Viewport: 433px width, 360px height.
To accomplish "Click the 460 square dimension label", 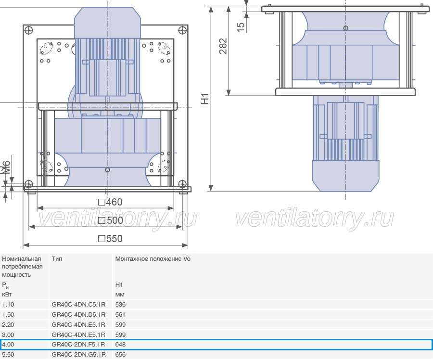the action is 110,202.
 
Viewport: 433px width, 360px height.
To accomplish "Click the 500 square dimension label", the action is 111,220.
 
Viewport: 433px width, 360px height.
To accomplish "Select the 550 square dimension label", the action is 110,239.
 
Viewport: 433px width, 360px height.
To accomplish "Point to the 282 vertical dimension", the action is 223,46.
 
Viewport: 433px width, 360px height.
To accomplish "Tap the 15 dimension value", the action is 241,27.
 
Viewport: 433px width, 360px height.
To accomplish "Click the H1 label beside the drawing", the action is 205,99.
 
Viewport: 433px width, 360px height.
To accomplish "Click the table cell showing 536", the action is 120,305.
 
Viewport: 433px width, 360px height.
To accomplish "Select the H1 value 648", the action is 120,345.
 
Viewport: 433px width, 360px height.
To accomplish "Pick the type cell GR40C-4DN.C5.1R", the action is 78,305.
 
